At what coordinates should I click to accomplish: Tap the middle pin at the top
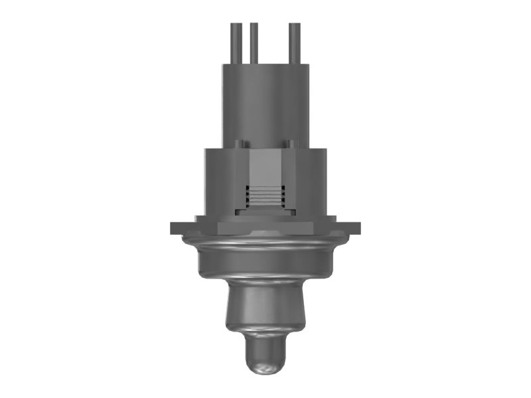253,43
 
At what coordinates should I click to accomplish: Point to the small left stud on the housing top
240,143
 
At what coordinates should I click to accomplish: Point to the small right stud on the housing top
291,143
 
